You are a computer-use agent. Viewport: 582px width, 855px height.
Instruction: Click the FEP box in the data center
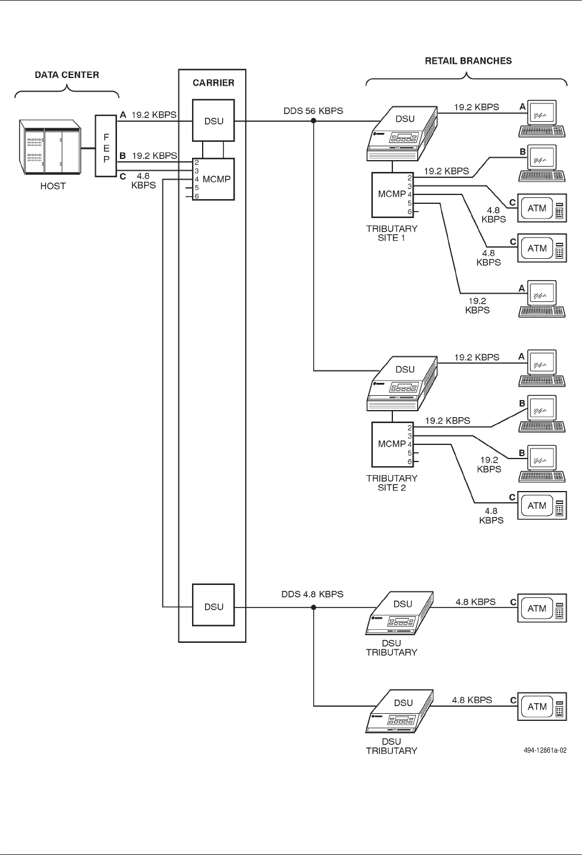tap(106, 146)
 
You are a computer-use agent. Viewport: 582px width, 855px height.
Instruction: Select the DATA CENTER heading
tap(67, 75)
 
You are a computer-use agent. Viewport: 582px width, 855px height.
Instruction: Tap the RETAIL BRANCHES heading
tap(469, 60)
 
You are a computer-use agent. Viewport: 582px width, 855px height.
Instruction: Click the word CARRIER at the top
tap(213, 83)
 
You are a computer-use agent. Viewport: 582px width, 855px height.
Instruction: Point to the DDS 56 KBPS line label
tap(313, 110)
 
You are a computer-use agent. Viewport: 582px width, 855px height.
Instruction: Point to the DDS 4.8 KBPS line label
tap(313, 594)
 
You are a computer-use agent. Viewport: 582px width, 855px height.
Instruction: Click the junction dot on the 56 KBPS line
tap(314, 122)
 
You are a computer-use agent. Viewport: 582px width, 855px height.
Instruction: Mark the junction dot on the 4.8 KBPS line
tap(314, 607)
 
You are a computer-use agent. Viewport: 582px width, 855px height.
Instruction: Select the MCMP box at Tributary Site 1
tap(392, 194)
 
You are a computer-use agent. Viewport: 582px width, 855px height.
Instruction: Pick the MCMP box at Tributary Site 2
tap(392, 444)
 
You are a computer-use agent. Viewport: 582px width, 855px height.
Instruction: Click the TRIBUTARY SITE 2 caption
tap(392, 483)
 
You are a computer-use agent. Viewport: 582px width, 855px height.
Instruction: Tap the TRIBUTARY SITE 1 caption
tap(392, 233)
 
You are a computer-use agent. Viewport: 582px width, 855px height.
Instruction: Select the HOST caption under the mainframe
tap(53, 186)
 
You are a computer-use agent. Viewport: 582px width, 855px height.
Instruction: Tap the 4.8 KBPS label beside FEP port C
tap(144, 180)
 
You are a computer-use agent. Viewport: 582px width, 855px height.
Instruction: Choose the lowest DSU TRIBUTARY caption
tap(392, 746)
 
